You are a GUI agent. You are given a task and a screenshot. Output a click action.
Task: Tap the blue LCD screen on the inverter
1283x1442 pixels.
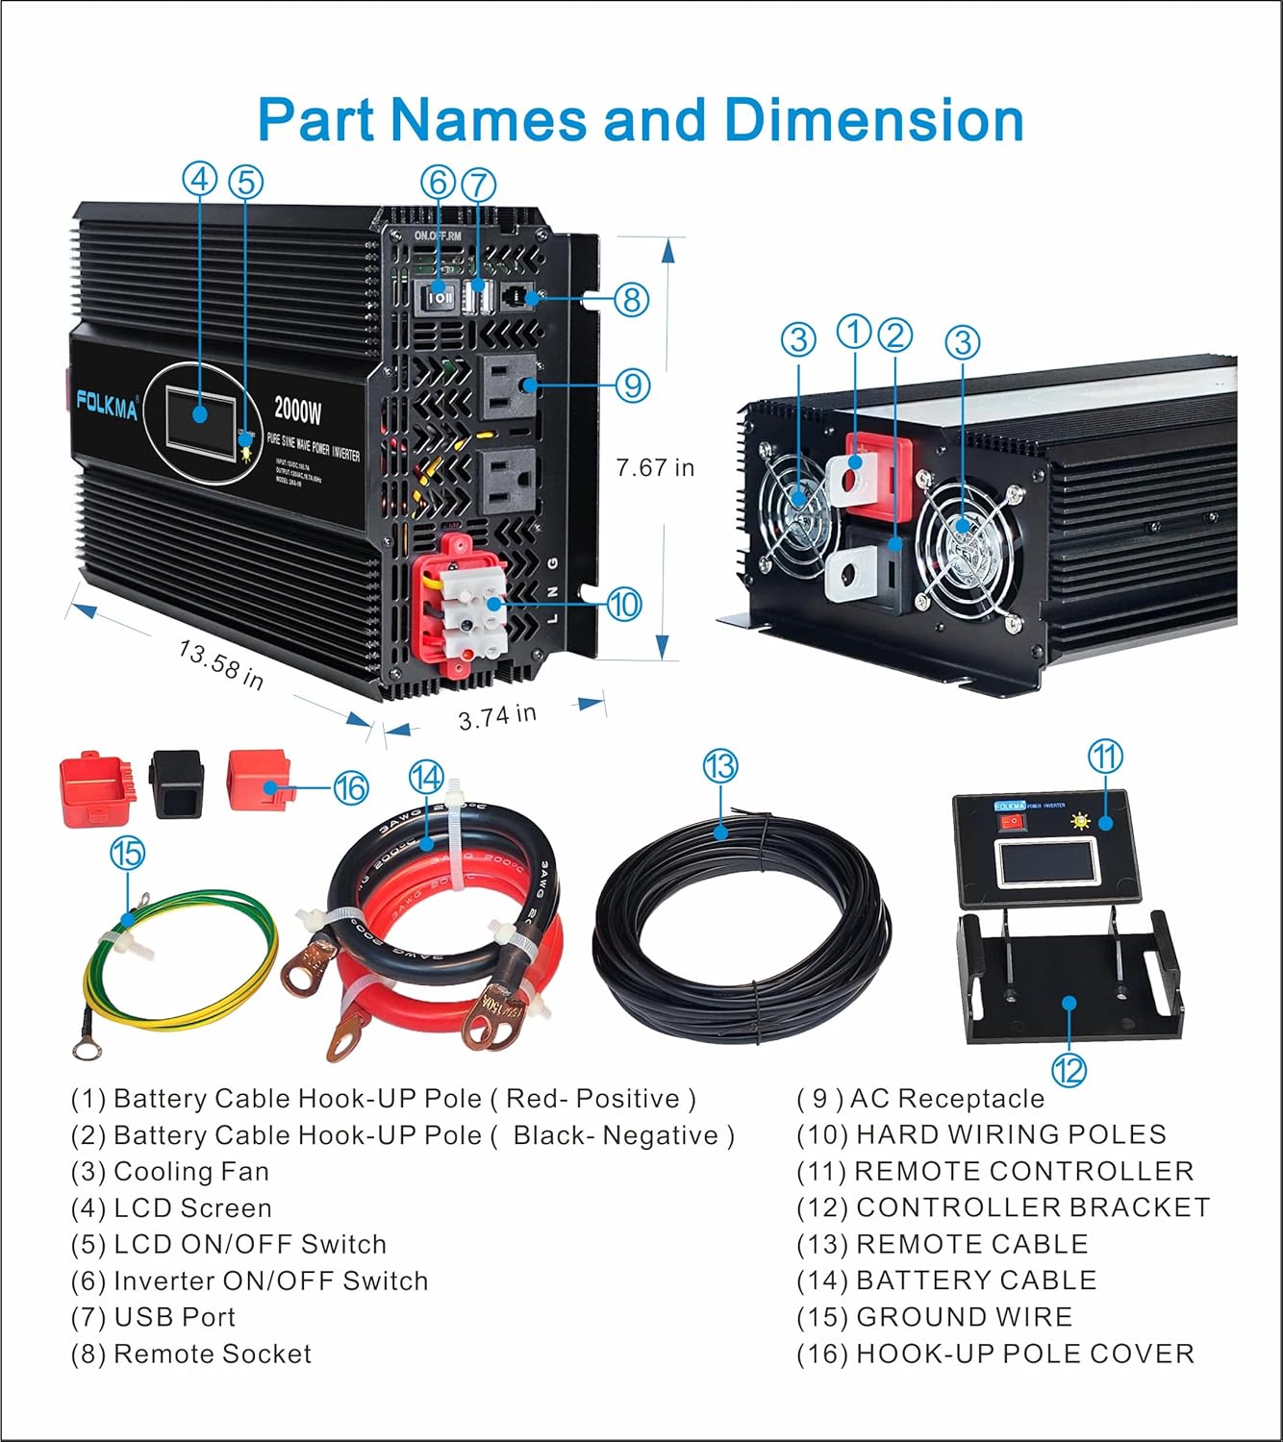tap(200, 414)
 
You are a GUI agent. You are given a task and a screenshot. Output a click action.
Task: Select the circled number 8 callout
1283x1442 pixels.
tap(632, 299)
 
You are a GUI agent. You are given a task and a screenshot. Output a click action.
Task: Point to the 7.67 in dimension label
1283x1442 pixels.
tap(655, 468)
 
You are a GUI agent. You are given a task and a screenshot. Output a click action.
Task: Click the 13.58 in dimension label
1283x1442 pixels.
tap(221, 663)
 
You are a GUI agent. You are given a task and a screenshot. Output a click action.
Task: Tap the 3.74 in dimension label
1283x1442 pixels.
tap(497, 716)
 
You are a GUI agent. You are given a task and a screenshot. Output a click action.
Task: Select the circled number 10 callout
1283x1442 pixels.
tap(624, 604)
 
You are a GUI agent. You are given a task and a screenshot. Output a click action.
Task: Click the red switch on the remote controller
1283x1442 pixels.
tap(1011, 822)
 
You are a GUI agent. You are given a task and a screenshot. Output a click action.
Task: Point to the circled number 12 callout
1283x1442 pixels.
tap(1069, 1069)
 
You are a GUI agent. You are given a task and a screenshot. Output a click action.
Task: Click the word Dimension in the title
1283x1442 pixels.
tap(873, 120)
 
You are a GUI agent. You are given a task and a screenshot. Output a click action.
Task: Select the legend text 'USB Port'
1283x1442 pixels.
tap(174, 1317)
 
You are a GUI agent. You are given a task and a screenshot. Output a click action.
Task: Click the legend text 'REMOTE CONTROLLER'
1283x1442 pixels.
tap(1024, 1171)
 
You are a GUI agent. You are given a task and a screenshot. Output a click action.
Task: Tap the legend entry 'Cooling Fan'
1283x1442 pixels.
tap(191, 1171)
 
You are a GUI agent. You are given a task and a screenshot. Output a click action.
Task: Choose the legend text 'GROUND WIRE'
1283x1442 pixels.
tap(964, 1317)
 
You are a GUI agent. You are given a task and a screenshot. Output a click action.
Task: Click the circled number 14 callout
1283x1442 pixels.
tap(426, 777)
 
